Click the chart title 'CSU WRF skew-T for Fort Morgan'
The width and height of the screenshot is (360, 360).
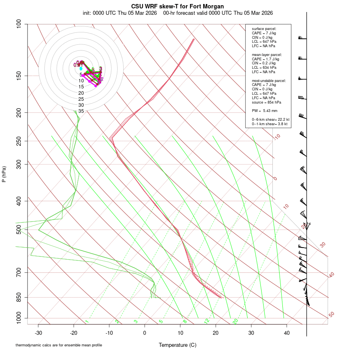(178, 6)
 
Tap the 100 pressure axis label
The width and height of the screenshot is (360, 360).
(19, 24)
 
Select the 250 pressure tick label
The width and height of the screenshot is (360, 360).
(19, 141)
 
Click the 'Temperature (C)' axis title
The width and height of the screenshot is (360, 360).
(178, 345)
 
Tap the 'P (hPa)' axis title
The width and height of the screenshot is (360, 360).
(4, 174)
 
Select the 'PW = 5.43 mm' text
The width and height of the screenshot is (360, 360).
(264, 110)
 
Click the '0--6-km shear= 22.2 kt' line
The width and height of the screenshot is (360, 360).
(270, 120)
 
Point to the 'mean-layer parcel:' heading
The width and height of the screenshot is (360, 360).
(267, 54)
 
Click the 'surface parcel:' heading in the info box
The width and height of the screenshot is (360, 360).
(264, 29)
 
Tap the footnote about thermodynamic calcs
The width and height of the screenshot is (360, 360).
(59, 345)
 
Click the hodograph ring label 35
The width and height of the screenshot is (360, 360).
(81, 111)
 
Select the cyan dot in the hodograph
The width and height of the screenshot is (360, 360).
(81, 68)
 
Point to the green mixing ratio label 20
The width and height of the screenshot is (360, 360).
(236, 321)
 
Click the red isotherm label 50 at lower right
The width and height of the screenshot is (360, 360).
(331, 315)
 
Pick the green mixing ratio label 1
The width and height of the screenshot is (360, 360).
(87, 321)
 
